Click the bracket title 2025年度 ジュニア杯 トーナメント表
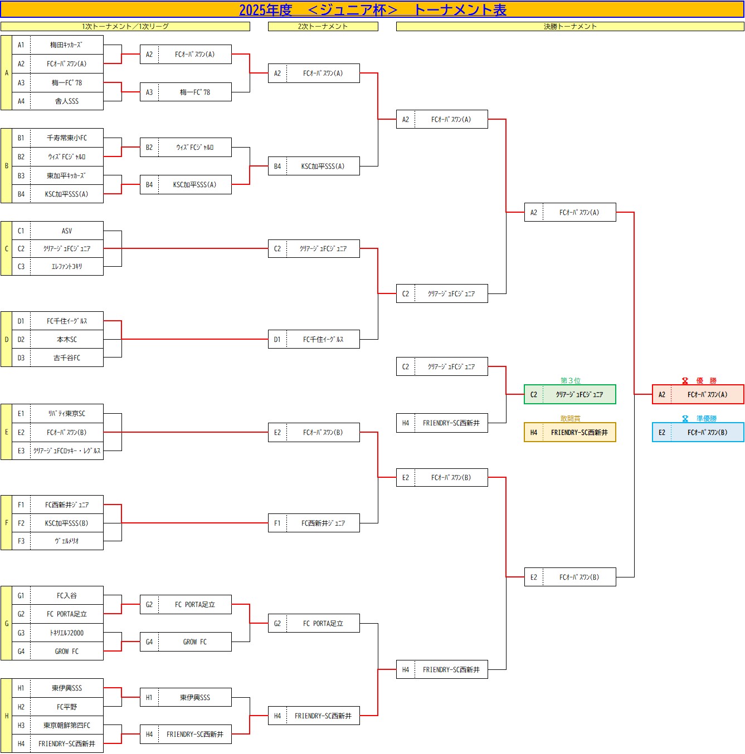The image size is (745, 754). tap(372, 10)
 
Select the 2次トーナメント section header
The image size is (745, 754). tap(323, 26)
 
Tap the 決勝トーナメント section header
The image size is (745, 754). tap(570, 26)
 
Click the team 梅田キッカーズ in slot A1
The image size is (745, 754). tap(67, 45)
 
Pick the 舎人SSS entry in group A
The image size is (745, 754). tap(67, 101)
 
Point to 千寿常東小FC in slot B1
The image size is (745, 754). tap(67, 138)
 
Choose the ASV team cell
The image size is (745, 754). tap(67, 231)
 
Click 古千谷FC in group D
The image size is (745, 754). tap(67, 358)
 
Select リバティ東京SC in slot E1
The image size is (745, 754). tap(67, 413)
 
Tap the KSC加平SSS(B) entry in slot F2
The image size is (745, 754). tap(67, 523)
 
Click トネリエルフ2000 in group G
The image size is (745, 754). tap(67, 633)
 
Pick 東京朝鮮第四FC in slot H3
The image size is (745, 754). tap(67, 725)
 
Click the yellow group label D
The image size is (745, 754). tap(6, 339)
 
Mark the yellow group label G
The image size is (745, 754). tap(6, 623)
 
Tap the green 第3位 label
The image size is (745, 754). tap(570, 380)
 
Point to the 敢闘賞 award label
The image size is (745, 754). tap(570, 418)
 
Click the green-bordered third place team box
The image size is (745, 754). tap(570, 394)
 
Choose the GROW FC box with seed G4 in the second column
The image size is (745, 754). tap(186, 642)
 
